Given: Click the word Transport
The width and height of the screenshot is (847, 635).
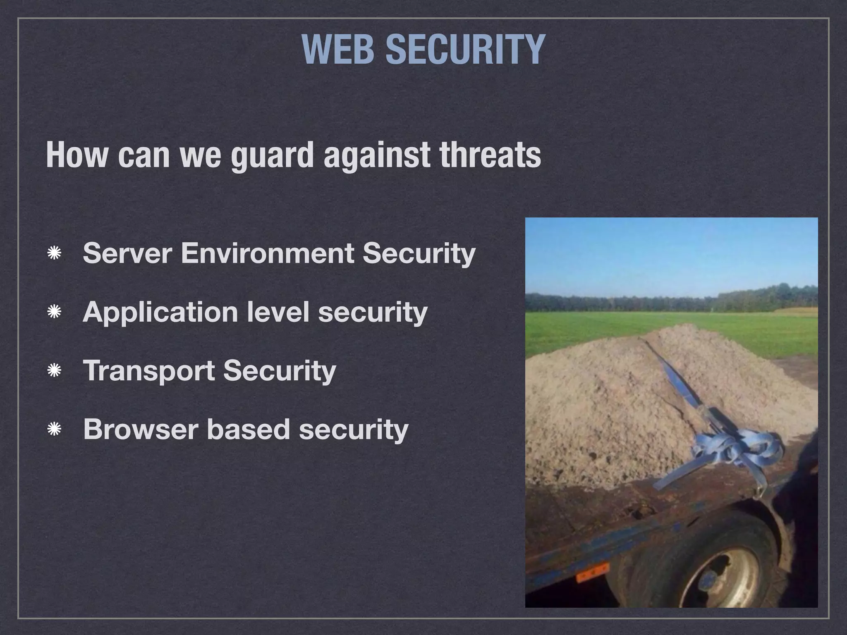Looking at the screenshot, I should pos(148,370).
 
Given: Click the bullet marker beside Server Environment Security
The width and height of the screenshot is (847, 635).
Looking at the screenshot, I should pos(54,253).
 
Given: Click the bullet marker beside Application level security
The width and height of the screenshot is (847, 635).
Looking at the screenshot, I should pos(54,312).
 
